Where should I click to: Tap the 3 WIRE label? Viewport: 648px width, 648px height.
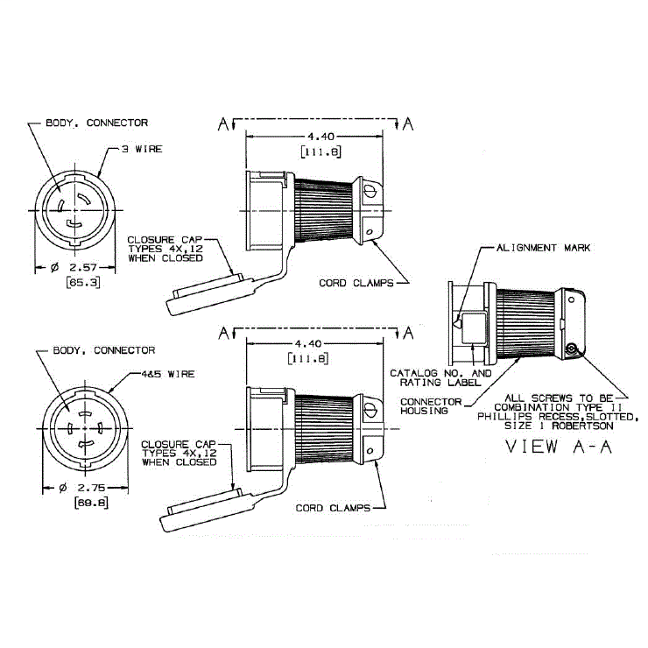(x=141, y=149)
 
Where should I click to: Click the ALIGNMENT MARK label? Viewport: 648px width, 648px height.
(x=543, y=248)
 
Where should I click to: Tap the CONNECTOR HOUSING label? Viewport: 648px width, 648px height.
(x=432, y=405)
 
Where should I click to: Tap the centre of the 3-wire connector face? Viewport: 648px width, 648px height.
(x=71, y=211)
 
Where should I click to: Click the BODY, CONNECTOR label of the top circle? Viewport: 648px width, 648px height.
(x=96, y=123)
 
